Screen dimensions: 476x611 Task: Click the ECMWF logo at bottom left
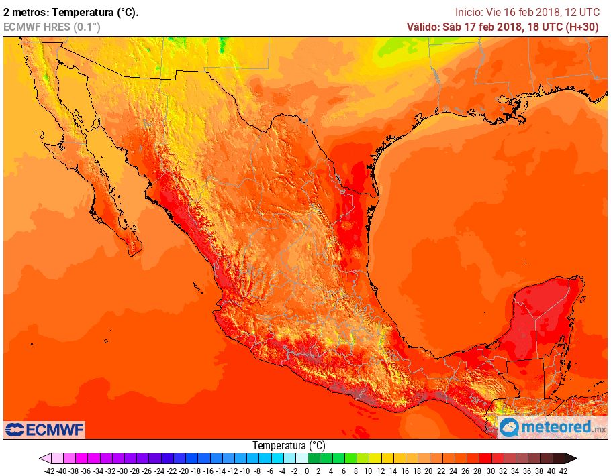tap(44, 429)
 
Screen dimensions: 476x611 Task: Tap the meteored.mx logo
tap(552, 426)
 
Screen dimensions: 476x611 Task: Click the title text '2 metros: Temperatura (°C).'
tap(71, 12)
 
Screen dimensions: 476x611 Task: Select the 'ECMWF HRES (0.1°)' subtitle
tap(52, 27)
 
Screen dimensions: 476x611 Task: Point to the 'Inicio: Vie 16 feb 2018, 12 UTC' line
tap(527, 12)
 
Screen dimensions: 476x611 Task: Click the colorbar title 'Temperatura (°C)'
tap(289, 446)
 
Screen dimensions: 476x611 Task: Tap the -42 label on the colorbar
tap(49, 471)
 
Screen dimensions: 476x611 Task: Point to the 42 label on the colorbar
tap(563, 471)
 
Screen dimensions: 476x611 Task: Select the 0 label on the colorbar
tap(306, 471)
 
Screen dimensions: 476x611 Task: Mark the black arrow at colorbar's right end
tap(570, 459)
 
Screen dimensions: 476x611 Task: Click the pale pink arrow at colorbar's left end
tap(44, 459)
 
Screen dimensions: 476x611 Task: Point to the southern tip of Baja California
tap(135, 251)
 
